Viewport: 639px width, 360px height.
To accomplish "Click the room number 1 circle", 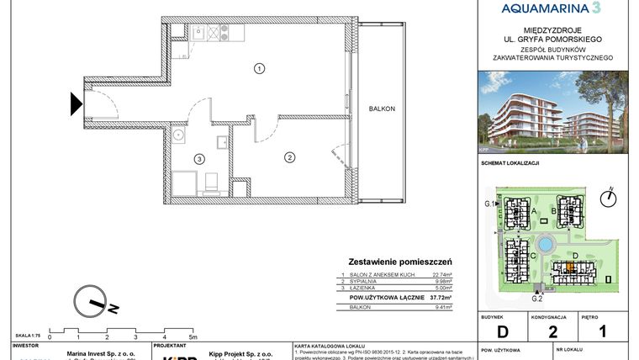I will click(260, 68).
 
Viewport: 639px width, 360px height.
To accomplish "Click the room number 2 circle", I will click(288, 156).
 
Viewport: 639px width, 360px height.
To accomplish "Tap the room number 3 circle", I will click(198, 158).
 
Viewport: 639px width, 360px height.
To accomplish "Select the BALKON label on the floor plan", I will click(381, 110).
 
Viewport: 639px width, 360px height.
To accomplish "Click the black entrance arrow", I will click(76, 103).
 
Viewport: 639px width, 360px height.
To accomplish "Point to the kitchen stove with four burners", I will click(224, 34).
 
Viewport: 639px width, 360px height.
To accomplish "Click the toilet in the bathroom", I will click(211, 181).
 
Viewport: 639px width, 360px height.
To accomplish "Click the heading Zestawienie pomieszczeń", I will click(400, 262).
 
